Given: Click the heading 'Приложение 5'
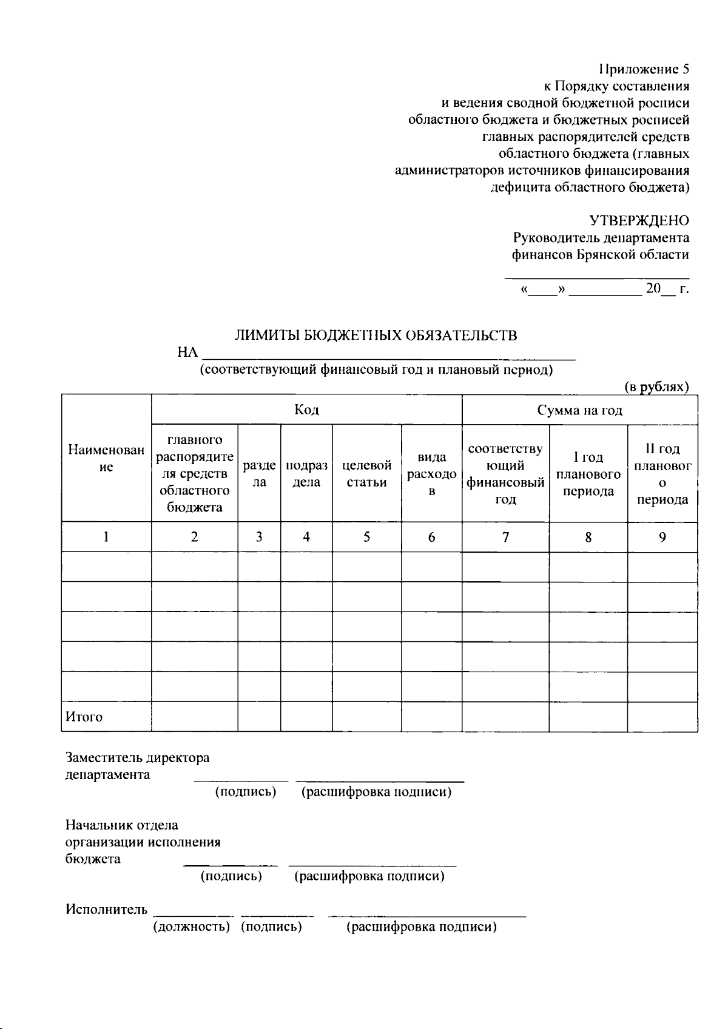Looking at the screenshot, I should coord(644,69).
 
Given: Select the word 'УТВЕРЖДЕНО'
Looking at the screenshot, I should coord(639,221).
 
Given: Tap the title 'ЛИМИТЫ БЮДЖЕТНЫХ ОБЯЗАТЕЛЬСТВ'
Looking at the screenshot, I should coord(376,336).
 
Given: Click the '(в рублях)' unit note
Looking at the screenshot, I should coord(656,387).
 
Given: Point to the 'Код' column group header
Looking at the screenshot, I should coord(306,410).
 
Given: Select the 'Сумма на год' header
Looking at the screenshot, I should coord(579,411).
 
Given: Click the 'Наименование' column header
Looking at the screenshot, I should coord(106,459).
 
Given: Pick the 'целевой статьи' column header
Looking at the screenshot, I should coord(366,474).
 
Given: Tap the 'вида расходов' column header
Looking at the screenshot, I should coord(431,474).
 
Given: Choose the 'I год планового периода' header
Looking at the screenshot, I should coord(588,474).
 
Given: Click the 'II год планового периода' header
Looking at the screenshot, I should coord(662,474).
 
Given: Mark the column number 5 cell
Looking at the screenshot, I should coord(366,537).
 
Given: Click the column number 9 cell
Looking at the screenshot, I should coord(662,537).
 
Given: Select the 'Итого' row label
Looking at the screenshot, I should coord(84,717).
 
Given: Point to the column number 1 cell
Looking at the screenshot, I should coord(106,537).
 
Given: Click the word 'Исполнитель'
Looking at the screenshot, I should coord(106,909).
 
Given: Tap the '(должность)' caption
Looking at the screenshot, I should coord(191,927).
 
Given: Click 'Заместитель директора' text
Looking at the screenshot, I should coord(138,758).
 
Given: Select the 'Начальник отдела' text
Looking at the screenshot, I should coord(122,825).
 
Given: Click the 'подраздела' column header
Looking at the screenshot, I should coord(306,474).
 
